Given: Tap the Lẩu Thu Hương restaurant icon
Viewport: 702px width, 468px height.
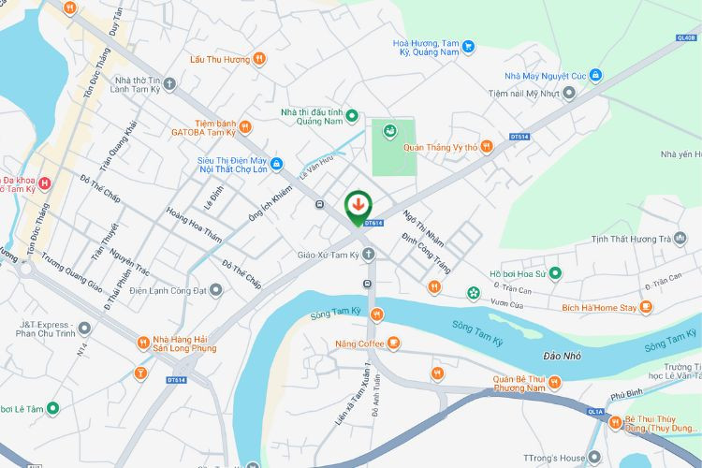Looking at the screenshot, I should coord(259,59).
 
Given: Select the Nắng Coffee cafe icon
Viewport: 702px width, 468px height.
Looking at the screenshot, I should coord(393,344).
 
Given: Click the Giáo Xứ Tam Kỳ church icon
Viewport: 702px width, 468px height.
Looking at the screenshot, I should coord(369,254).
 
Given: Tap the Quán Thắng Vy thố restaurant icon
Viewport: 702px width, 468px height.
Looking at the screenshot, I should coord(487,146).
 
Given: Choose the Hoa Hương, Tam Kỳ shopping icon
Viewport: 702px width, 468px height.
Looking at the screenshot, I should coord(469,46).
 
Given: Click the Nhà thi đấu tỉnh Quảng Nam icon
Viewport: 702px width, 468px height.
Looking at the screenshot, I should coord(352,116).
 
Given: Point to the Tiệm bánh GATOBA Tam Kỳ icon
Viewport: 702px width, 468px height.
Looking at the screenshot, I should coord(244,126).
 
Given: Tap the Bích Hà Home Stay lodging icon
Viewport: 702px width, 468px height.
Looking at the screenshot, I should coord(647,307).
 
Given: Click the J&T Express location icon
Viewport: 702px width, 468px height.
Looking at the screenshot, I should coord(84,329).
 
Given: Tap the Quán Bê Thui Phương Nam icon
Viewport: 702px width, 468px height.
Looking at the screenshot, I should coord(555,381).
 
